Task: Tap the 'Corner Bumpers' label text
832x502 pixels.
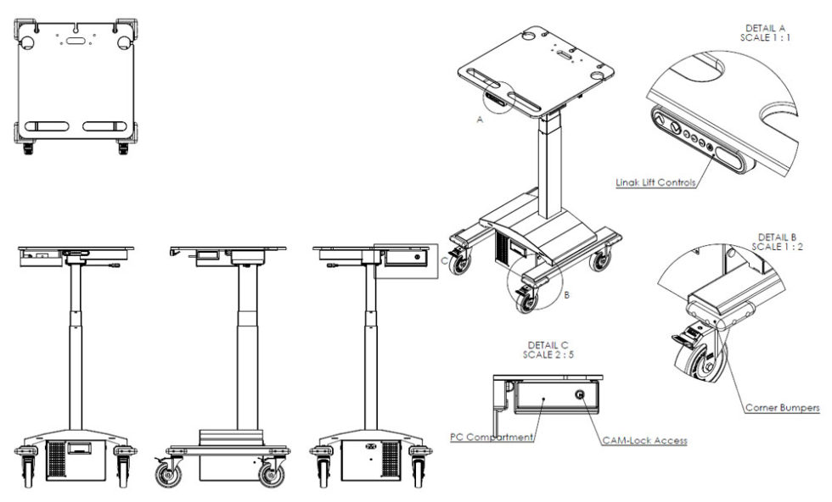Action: point(783,408)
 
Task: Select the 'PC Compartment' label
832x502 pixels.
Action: point(492,438)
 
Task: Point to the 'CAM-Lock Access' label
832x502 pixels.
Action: point(644,440)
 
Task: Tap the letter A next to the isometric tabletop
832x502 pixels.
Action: point(480,121)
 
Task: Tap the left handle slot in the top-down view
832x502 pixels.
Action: point(48,126)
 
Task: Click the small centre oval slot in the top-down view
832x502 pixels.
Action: point(76,38)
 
